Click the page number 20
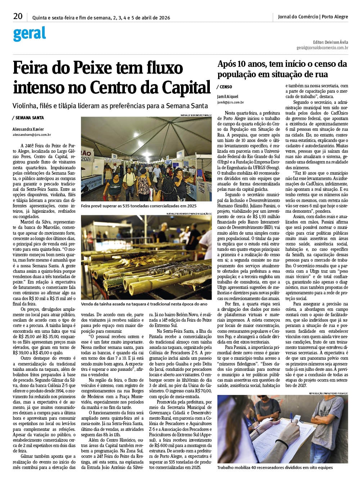[18, 16]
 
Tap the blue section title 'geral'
[30, 34]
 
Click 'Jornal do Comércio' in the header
[298, 17]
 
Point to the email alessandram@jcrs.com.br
[32, 135]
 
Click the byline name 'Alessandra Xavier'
[28, 129]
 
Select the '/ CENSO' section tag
[225, 87]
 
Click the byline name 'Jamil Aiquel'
[228, 97]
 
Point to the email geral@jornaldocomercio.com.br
[322, 47]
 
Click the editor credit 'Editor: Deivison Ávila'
[330, 42]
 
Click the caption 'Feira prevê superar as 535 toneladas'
[139, 206]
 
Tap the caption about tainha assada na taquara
[144, 304]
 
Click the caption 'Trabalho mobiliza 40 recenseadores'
[275, 468]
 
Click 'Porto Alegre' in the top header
[335, 17]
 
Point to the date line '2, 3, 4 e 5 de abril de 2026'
[141, 18]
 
